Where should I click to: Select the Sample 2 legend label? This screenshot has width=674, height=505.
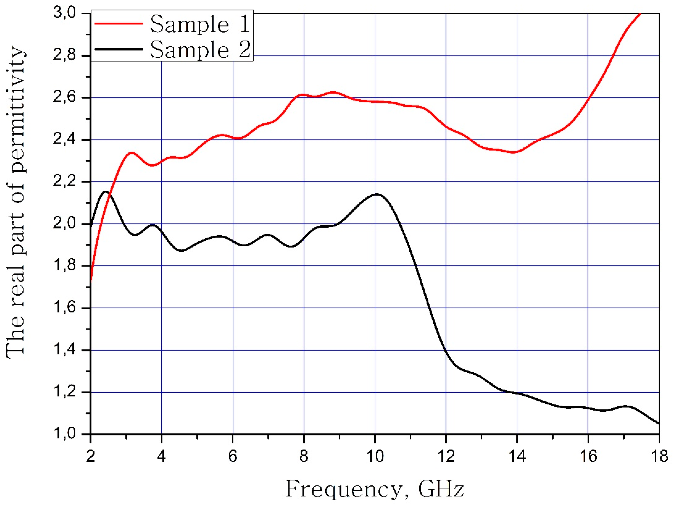tap(200, 49)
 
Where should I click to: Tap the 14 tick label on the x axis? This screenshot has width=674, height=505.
tap(517, 456)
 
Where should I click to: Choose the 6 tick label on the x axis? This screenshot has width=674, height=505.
tap(233, 456)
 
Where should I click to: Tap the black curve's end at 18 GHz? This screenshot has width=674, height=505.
tap(658, 423)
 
